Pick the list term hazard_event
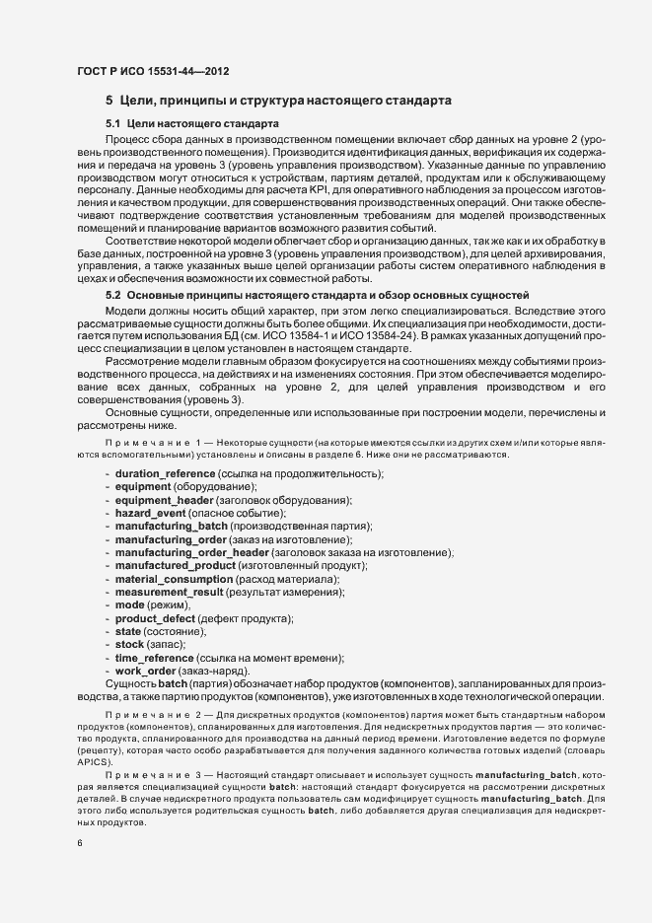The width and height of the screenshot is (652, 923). pos(153,515)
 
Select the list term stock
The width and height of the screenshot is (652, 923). pos(130,643)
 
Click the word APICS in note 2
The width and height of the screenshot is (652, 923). pos(96,762)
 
